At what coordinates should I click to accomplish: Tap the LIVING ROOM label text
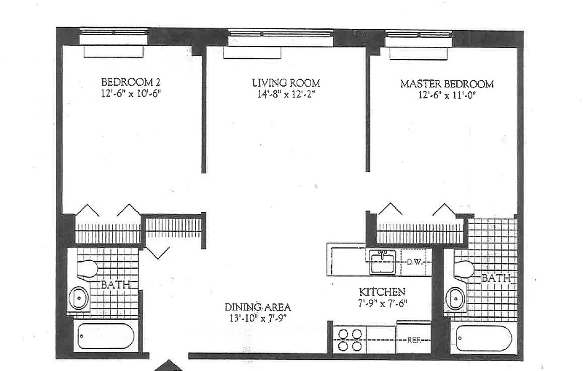click(286, 83)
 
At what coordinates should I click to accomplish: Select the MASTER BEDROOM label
click(447, 84)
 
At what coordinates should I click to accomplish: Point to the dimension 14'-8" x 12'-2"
click(286, 95)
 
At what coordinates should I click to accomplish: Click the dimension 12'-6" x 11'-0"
click(447, 96)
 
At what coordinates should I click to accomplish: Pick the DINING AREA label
click(258, 307)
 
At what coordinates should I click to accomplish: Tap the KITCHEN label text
click(382, 292)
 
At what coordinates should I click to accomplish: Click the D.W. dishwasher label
click(414, 262)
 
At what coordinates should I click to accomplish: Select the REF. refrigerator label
click(414, 339)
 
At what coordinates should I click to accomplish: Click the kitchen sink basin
click(382, 262)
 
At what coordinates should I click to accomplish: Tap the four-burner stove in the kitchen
click(350, 340)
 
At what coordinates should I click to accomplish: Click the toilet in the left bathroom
click(87, 269)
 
